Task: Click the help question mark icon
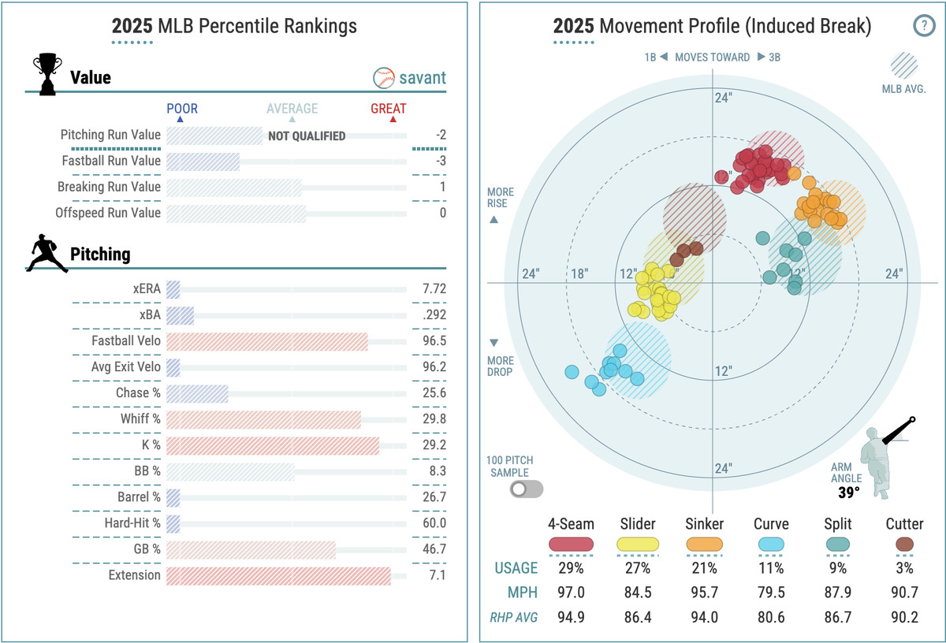pyautogui.click(x=924, y=26)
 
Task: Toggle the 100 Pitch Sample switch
pyautogui.click(x=527, y=489)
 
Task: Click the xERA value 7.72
pyautogui.click(x=434, y=289)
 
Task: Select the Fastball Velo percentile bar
pyautogui.click(x=267, y=341)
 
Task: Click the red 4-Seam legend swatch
pyautogui.click(x=571, y=544)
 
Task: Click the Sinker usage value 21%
pyautogui.click(x=700, y=567)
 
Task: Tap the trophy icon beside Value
pyautogui.click(x=47, y=74)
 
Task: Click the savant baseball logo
pyautogui.click(x=383, y=78)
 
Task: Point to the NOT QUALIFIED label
pyautogui.click(x=307, y=136)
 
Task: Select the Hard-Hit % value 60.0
pyautogui.click(x=434, y=523)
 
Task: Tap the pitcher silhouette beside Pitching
pyautogui.click(x=47, y=254)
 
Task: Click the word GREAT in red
pyautogui.click(x=389, y=109)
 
